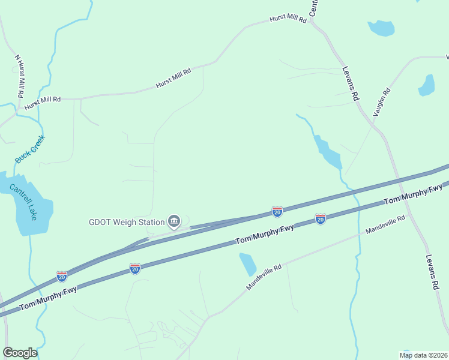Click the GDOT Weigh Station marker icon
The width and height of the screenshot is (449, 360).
click(x=174, y=221)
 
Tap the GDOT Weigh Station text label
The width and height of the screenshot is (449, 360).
click(x=126, y=222)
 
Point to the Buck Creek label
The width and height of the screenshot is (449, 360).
click(x=30, y=149)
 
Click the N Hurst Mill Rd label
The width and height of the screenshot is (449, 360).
click(x=19, y=76)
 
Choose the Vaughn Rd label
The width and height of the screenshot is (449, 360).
click(x=381, y=101)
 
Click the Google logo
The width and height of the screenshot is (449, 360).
click(x=20, y=353)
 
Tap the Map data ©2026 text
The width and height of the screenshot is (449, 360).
click(x=423, y=355)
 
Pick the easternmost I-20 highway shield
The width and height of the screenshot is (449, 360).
click(x=321, y=219)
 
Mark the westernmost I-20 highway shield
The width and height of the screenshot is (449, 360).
click(x=62, y=276)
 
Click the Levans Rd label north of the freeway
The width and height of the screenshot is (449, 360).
click(x=351, y=83)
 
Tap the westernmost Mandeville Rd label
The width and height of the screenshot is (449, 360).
click(x=264, y=278)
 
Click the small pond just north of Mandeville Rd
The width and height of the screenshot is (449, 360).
click(x=247, y=264)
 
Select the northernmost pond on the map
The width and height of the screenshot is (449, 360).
click(x=381, y=28)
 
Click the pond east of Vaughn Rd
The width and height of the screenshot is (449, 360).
click(x=427, y=85)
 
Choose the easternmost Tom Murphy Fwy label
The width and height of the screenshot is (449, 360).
click(x=413, y=194)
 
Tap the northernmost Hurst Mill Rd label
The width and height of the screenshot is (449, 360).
click(x=288, y=19)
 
